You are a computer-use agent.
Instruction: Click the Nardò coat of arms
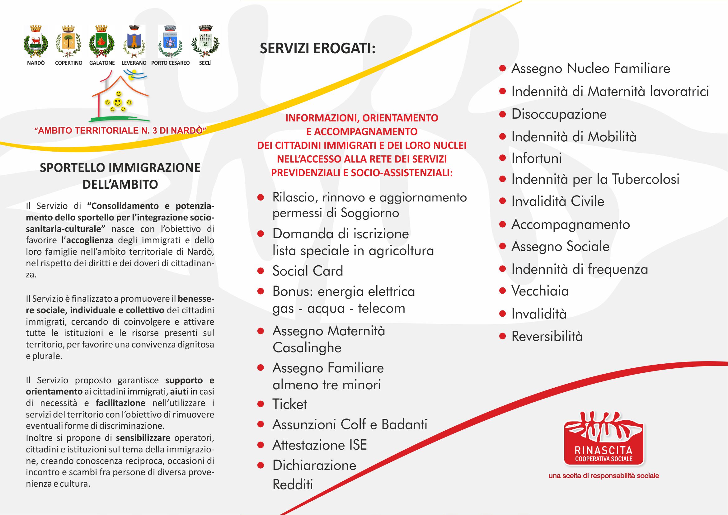36,41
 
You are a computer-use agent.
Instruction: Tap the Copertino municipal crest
68,41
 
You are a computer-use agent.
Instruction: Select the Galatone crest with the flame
101,41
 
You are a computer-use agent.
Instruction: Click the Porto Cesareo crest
170,41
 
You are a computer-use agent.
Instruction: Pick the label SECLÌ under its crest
205,63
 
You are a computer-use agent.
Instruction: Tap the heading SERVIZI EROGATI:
317,49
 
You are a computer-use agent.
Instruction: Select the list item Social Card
308,271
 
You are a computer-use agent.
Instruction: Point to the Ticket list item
289,404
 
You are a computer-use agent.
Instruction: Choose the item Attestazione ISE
319,445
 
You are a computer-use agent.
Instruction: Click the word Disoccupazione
559,114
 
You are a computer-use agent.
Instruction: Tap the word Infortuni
536,158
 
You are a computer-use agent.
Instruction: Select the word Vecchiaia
540,291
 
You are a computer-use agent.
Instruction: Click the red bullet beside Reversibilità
502,336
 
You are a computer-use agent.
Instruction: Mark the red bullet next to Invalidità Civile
502,201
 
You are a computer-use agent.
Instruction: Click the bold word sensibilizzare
143,438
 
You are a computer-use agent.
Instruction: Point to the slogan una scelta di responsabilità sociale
604,476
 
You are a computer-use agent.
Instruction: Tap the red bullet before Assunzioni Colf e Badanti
261,424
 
